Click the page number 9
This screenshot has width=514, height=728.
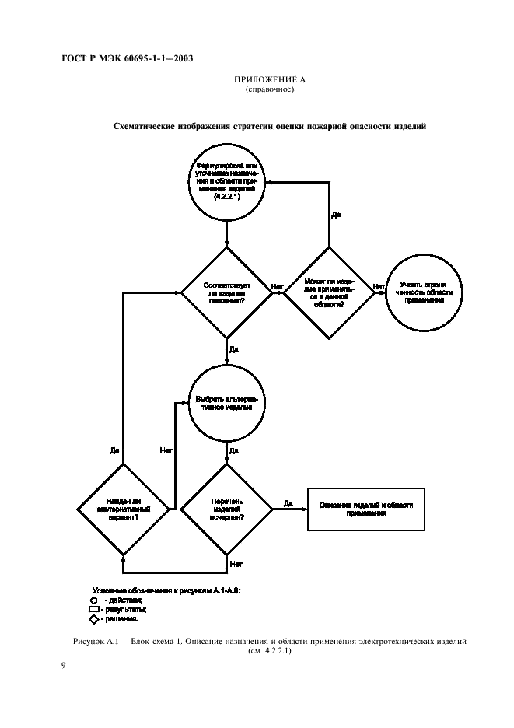click(x=63, y=666)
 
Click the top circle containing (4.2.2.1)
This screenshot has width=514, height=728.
click(x=227, y=184)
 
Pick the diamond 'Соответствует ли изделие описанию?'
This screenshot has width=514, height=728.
click(x=227, y=292)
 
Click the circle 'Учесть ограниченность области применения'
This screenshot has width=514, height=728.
click(x=422, y=292)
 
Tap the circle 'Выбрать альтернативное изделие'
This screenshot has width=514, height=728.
click(x=227, y=404)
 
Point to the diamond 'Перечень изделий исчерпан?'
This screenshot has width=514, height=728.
click(x=227, y=509)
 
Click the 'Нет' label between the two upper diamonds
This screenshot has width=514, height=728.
click(x=277, y=287)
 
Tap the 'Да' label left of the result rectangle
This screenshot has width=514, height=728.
click(x=288, y=502)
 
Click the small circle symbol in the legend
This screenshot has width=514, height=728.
click(x=93, y=600)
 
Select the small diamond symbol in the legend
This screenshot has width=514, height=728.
click(x=93, y=620)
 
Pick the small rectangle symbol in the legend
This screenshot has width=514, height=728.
click(x=93, y=610)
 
